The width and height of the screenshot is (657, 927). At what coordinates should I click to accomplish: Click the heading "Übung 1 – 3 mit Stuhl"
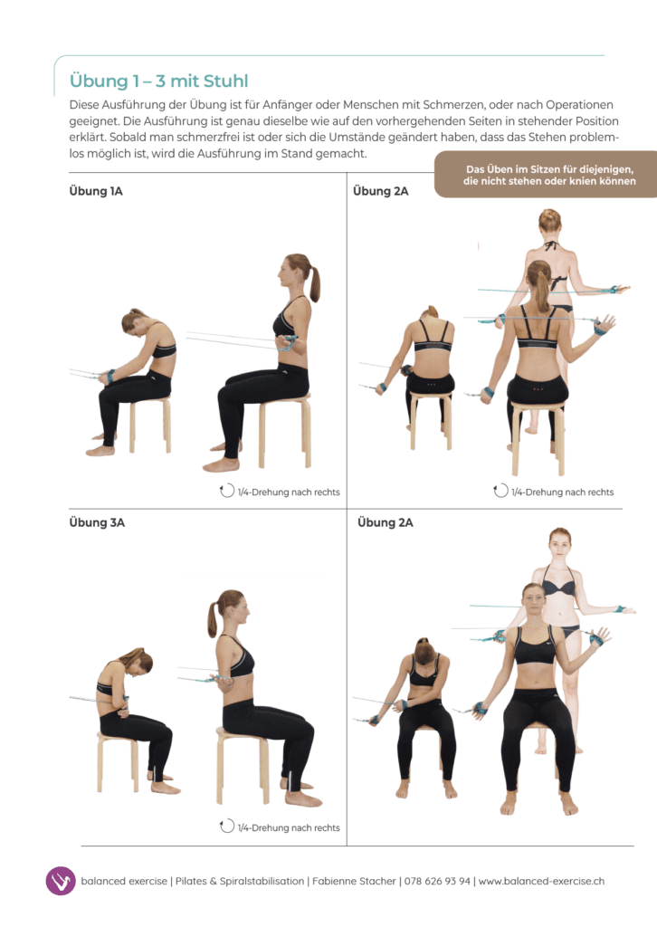point(158,81)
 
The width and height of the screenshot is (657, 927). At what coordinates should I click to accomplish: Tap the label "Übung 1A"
point(96,191)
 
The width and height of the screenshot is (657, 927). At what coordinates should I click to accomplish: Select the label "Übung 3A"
point(97,522)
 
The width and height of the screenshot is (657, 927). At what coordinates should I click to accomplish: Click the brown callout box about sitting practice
point(546,175)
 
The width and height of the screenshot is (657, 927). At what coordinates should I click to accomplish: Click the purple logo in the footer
point(61,881)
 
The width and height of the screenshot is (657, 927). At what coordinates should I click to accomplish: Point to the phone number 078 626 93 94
point(437,881)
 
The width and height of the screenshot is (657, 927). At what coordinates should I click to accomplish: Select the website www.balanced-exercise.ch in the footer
point(541,881)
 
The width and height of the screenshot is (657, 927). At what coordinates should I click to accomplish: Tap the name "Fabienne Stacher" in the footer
point(354,881)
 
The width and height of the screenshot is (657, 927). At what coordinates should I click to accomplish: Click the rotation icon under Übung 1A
point(227,491)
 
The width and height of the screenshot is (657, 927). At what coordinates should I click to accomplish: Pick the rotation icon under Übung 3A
point(227,826)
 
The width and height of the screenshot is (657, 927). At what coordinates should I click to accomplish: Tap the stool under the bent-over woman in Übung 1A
point(150,424)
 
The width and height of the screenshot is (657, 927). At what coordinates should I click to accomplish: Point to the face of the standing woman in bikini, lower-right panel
point(559,544)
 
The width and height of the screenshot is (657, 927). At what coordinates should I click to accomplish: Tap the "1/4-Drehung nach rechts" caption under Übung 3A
point(289,827)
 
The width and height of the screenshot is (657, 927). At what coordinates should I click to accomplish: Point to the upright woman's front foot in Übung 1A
point(221,465)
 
